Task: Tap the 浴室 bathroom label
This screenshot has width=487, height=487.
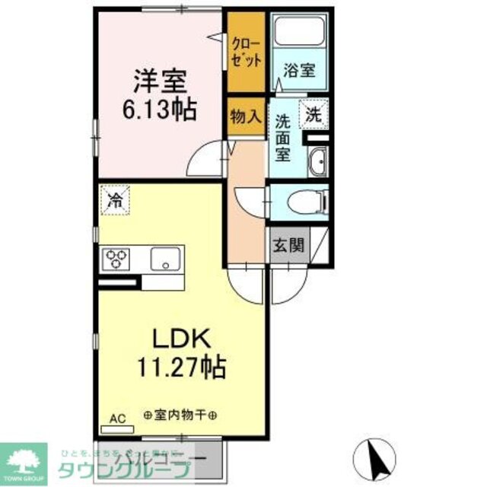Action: [300, 68]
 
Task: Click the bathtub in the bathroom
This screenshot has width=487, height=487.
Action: [299, 32]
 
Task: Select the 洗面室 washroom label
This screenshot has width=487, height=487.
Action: [283, 136]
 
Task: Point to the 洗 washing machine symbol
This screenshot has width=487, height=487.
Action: [314, 116]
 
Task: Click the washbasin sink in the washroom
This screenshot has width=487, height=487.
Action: [319, 162]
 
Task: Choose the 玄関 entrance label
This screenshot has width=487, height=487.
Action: [288, 245]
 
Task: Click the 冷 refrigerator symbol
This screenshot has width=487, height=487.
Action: [116, 202]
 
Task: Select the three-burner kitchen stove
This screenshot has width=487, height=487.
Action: [118, 259]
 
